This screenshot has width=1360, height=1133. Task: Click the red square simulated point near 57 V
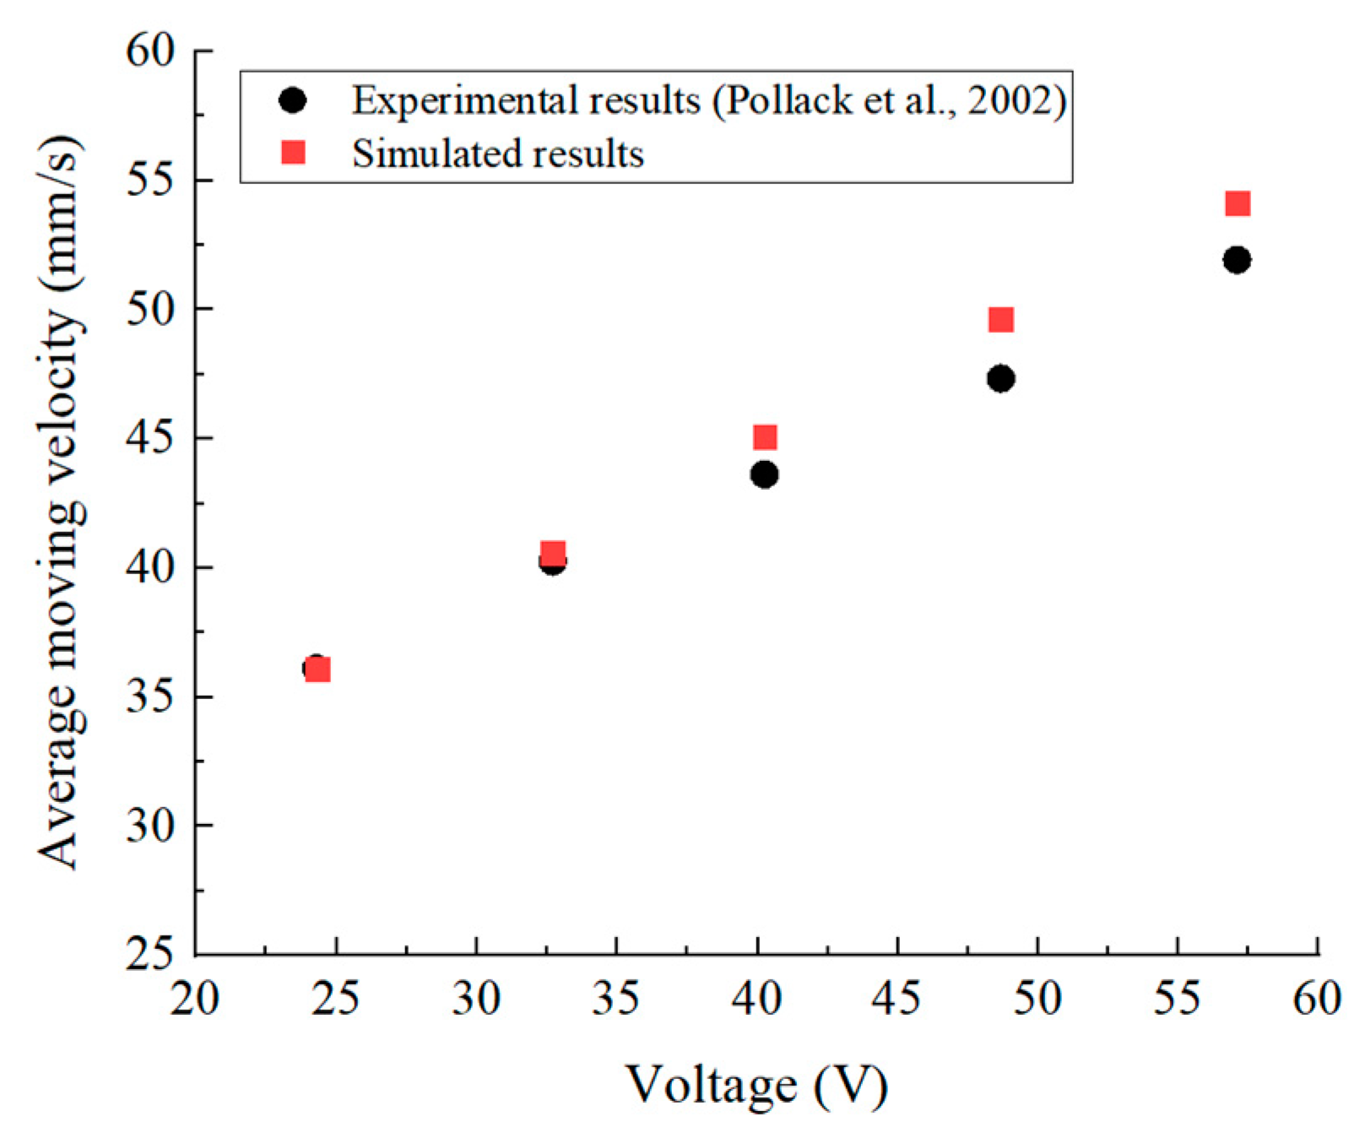click(x=1237, y=203)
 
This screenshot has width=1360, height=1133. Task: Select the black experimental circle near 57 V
click(x=1237, y=260)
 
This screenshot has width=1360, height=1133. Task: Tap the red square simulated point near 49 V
click(x=1000, y=320)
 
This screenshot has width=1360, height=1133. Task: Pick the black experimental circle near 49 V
click(x=1000, y=379)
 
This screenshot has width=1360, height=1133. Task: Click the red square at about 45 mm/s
click(x=765, y=437)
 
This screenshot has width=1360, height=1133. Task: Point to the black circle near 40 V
click(x=764, y=474)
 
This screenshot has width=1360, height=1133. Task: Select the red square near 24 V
click(x=318, y=669)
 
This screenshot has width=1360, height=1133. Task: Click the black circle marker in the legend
click(x=293, y=100)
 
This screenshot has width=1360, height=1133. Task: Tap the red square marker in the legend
click(x=293, y=153)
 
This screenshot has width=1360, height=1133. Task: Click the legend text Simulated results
click(x=497, y=154)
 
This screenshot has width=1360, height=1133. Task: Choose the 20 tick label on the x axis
click(x=196, y=999)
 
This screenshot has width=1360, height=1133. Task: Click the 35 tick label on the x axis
click(x=616, y=999)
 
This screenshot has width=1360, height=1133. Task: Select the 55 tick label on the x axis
click(x=1177, y=999)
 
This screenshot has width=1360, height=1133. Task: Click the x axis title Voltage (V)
click(x=756, y=1085)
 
